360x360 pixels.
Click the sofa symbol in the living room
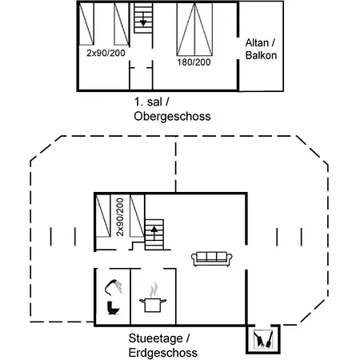212,258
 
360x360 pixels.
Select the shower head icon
114,287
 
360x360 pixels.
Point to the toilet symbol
113,307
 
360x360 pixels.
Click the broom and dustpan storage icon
263,339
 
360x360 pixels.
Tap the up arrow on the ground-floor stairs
154,233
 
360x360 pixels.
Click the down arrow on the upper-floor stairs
143,19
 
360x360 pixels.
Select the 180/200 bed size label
194,62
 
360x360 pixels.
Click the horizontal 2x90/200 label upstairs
106,53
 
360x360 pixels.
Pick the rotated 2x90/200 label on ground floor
120,217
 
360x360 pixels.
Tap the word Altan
257,43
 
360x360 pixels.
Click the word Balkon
261,55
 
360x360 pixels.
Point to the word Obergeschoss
172,117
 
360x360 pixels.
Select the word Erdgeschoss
163,353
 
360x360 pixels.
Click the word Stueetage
156,338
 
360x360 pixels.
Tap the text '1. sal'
148,102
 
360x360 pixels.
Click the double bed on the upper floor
194,29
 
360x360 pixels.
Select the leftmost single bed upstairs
86,24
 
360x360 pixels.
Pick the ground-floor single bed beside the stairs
138,216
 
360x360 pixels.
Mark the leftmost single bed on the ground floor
103,216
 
